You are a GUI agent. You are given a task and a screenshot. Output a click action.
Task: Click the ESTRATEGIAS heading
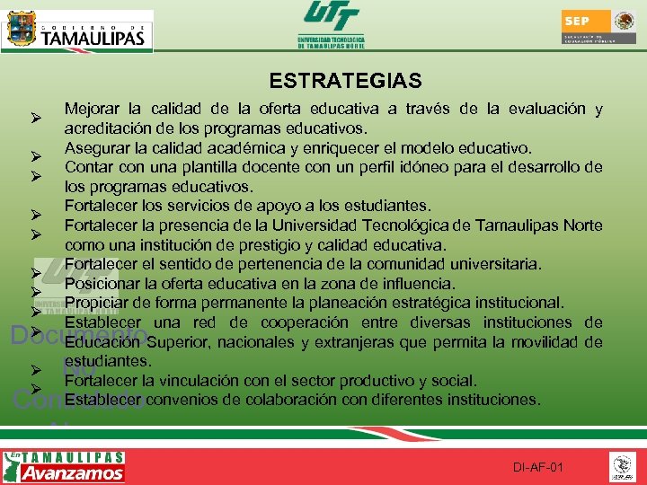tap(345, 81)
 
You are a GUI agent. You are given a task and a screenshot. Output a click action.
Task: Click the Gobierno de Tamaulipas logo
tap(76, 31)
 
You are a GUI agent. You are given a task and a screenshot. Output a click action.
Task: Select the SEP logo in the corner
tap(599, 28)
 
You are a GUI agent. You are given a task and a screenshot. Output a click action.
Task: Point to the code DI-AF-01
tap(538, 468)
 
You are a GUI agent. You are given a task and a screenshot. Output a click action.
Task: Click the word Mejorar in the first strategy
tap(93, 110)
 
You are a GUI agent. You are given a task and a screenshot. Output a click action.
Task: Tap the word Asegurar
tap(96, 148)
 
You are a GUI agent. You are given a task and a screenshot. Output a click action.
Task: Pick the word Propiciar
tap(97, 303)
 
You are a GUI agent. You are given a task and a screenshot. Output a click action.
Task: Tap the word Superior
tap(178, 341)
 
